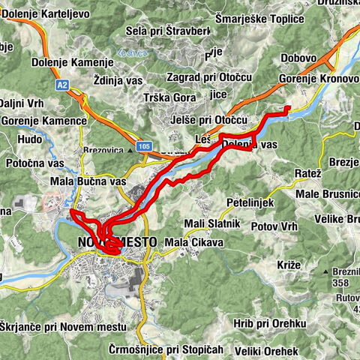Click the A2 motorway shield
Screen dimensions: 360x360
click(x=63, y=86)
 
